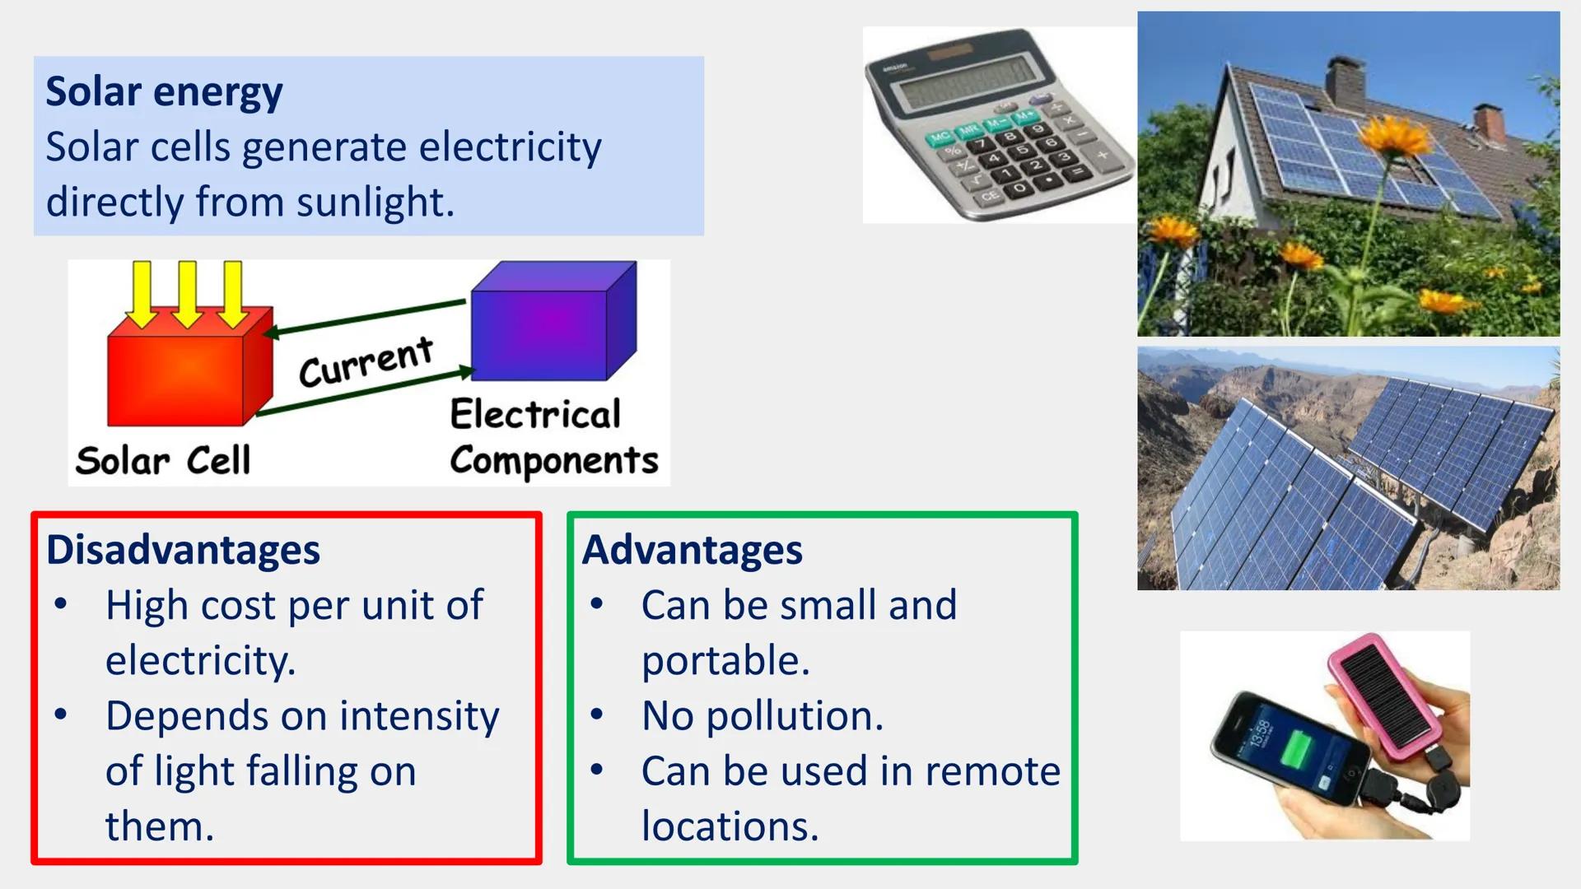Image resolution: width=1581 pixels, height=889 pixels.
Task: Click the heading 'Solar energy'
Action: click(x=164, y=91)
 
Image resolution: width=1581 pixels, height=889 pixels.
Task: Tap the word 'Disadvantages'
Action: click(x=183, y=550)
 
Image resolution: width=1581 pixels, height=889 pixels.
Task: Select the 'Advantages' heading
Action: click(x=692, y=550)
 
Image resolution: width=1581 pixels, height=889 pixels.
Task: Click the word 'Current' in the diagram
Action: click(x=366, y=361)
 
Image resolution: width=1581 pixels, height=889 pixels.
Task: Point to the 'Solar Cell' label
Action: click(x=162, y=460)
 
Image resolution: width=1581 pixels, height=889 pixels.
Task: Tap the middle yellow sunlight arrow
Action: click(x=187, y=292)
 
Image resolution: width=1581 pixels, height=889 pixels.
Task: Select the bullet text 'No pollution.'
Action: click(x=762, y=715)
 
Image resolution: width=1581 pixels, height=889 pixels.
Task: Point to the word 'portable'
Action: click(x=725, y=660)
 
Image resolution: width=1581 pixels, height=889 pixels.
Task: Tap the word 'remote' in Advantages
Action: click(x=992, y=771)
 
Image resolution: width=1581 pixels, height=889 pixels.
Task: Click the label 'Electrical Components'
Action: click(x=553, y=437)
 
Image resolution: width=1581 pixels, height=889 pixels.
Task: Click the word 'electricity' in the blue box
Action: click(x=510, y=147)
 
